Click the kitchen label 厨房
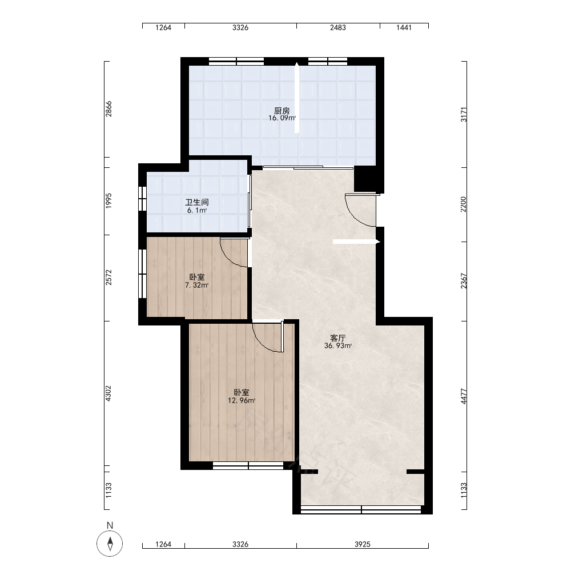[282, 111]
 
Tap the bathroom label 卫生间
[197, 203]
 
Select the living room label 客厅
[337, 338]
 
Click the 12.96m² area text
[242, 401]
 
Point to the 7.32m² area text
[196, 285]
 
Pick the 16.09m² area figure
[282, 118]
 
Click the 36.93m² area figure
[338, 345]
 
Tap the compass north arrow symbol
[110, 544]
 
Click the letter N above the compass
[110, 525]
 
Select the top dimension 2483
[338, 27]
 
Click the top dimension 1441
[404, 27]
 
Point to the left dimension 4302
[108, 393]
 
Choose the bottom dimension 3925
[363, 544]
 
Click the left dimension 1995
[108, 200]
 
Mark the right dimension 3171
[464, 114]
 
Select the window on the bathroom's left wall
[142, 198]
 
